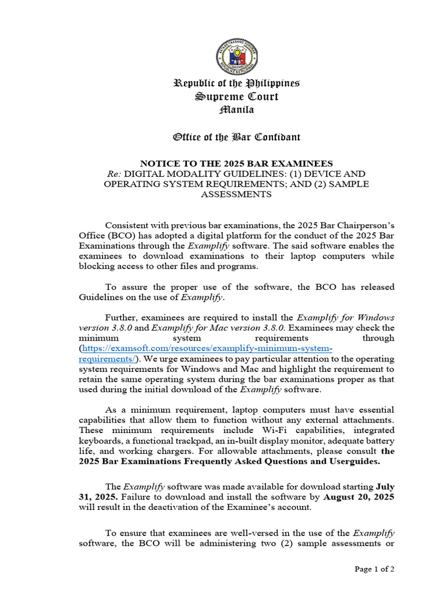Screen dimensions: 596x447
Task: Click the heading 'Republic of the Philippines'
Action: (236, 83)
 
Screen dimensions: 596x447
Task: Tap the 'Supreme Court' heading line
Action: (236, 97)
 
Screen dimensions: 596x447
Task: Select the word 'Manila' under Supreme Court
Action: (236, 109)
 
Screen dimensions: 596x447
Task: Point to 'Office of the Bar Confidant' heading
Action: (236, 137)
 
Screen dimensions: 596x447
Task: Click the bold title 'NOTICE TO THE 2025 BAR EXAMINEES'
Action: (236, 164)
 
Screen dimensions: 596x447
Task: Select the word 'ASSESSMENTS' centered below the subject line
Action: (236, 194)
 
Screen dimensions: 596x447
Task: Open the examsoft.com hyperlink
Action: (207, 349)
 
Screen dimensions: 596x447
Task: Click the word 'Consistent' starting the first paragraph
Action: (126, 226)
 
